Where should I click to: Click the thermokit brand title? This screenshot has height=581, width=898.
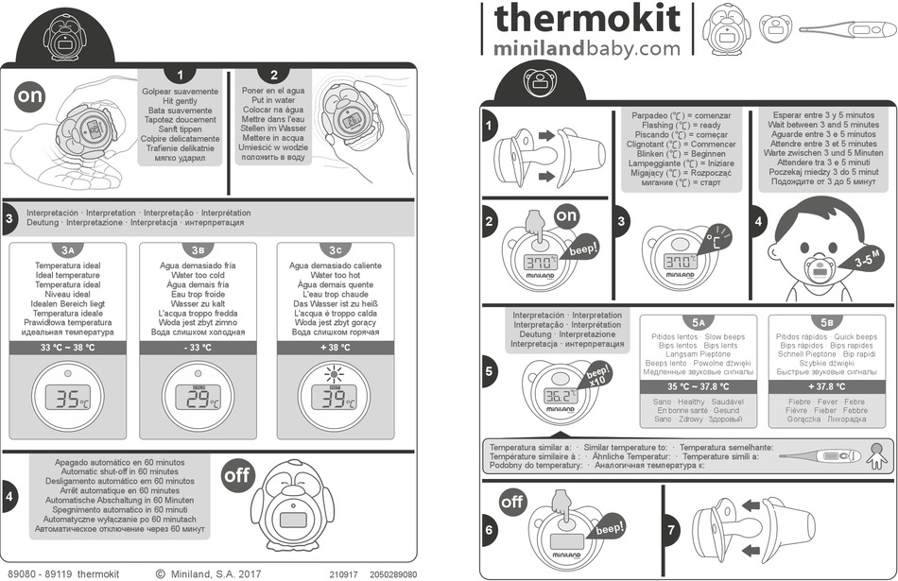(x=586, y=18)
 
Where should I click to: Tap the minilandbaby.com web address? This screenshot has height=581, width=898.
(x=586, y=46)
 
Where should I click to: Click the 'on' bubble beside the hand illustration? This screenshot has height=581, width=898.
(x=29, y=95)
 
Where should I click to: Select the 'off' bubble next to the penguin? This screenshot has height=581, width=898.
(x=236, y=475)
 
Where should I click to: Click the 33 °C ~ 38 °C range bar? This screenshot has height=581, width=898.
(x=66, y=348)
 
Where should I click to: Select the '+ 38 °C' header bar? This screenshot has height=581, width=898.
(x=335, y=348)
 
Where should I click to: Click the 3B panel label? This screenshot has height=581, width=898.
(x=198, y=250)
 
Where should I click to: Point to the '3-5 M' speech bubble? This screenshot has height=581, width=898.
(x=867, y=255)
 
